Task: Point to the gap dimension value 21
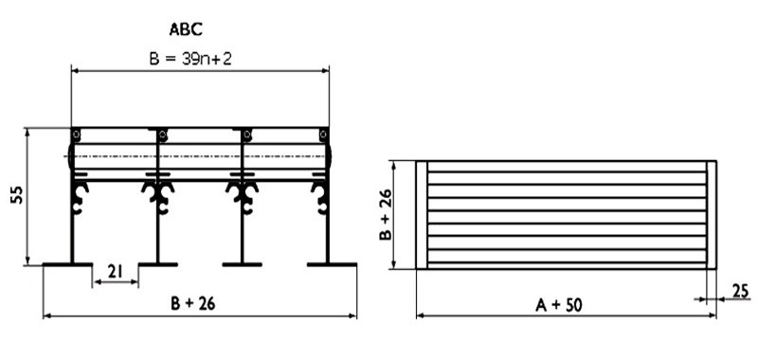[115, 272]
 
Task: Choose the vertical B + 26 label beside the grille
[387, 214]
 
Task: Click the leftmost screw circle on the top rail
[78, 135]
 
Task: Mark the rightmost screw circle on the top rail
[323, 135]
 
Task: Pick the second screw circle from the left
[162, 135]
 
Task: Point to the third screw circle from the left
[245, 135]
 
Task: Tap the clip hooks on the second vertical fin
[158, 193]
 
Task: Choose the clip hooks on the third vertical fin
[243, 193]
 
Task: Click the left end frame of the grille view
[423, 214]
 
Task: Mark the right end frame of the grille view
[712, 214]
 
